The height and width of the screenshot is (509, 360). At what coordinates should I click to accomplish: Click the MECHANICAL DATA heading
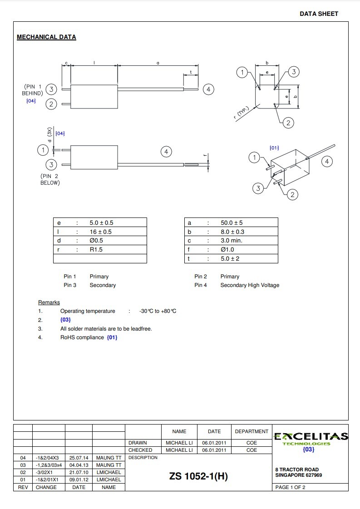(x=46, y=37)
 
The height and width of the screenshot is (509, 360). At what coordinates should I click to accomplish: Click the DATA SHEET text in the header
(x=319, y=14)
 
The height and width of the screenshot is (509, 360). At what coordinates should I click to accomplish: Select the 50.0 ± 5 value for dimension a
(x=232, y=223)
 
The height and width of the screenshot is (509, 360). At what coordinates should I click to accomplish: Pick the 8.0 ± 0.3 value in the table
(x=232, y=232)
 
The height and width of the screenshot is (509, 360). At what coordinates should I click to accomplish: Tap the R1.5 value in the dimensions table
(x=96, y=250)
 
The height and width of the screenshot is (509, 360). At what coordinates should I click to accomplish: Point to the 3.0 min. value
(x=232, y=241)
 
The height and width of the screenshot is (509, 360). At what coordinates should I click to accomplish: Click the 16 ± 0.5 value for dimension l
(x=100, y=232)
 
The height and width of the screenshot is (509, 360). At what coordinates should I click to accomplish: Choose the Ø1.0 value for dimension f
(x=227, y=250)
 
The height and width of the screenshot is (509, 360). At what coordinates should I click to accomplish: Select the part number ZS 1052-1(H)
(x=198, y=476)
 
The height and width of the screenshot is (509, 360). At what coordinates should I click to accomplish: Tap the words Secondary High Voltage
(x=250, y=285)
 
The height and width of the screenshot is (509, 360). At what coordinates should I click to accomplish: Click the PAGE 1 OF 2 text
(x=291, y=488)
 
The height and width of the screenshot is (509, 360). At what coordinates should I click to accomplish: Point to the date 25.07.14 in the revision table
(x=79, y=458)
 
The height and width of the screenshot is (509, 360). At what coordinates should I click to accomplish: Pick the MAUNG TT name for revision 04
(x=108, y=458)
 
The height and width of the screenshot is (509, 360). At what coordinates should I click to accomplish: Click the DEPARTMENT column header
(x=252, y=431)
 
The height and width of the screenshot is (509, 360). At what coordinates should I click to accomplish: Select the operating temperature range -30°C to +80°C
(x=158, y=311)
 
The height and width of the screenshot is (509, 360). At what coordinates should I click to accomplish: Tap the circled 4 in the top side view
(x=208, y=89)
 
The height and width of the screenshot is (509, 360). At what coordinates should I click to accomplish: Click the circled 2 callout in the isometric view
(x=293, y=195)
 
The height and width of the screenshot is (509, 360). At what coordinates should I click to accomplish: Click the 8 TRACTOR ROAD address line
(x=297, y=469)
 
